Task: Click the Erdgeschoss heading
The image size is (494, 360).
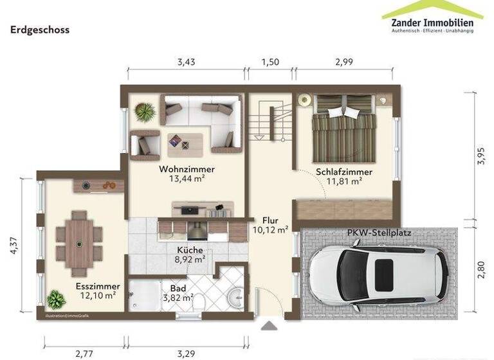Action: coord(40,30)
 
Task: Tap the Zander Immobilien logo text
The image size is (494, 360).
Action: coord(432,23)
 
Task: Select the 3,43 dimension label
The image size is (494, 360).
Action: coord(186,62)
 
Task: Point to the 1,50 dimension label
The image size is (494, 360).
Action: coord(271,62)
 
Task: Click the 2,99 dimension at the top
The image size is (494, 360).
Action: coord(345,62)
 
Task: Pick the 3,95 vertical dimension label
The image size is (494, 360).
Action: coord(482,156)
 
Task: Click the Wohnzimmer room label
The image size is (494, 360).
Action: coord(187,169)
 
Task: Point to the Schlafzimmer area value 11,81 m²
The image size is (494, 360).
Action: coord(344,182)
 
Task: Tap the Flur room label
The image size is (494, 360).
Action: coord(270,219)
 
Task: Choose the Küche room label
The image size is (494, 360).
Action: coord(190,250)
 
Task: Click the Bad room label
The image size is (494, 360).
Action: coord(178,288)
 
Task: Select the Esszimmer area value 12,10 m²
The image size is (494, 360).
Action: coord(98,296)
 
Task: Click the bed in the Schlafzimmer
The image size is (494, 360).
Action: coord(343,129)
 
